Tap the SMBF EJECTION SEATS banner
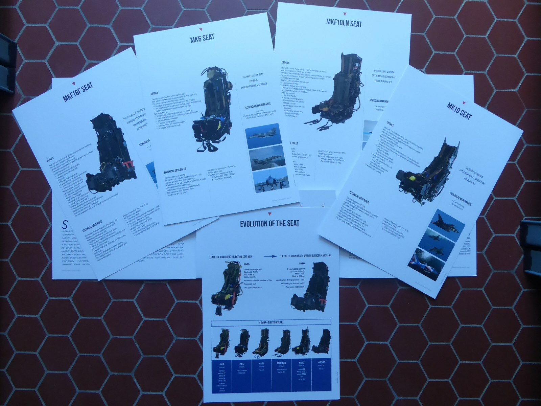(x=271, y=322)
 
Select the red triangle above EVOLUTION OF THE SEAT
(x=269, y=214)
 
